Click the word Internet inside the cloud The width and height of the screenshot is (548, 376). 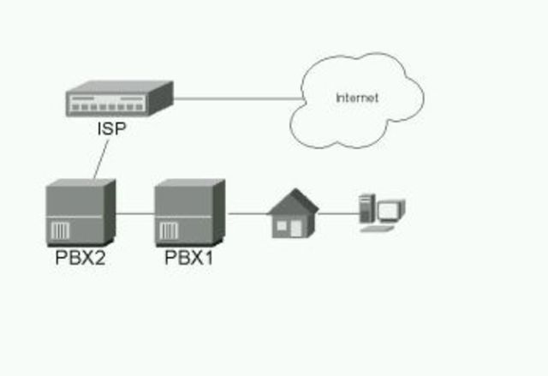click(x=357, y=98)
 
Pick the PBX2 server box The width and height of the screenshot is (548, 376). click(x=79, y=212)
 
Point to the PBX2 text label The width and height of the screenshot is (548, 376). click(x=77, y=257)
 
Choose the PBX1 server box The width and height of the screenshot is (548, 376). click(x=189, y=212)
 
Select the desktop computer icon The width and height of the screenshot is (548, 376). click(x=381, y=213)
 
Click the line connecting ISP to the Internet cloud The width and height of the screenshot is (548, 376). click(x=231, y=98)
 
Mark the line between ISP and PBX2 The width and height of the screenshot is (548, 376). click(x=101, y=158)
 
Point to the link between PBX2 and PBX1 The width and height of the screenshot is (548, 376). click(x=134, y=212)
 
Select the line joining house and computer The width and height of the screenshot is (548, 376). click(x=338, y=213)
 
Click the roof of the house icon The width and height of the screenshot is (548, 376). click(x=293, y=202)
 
